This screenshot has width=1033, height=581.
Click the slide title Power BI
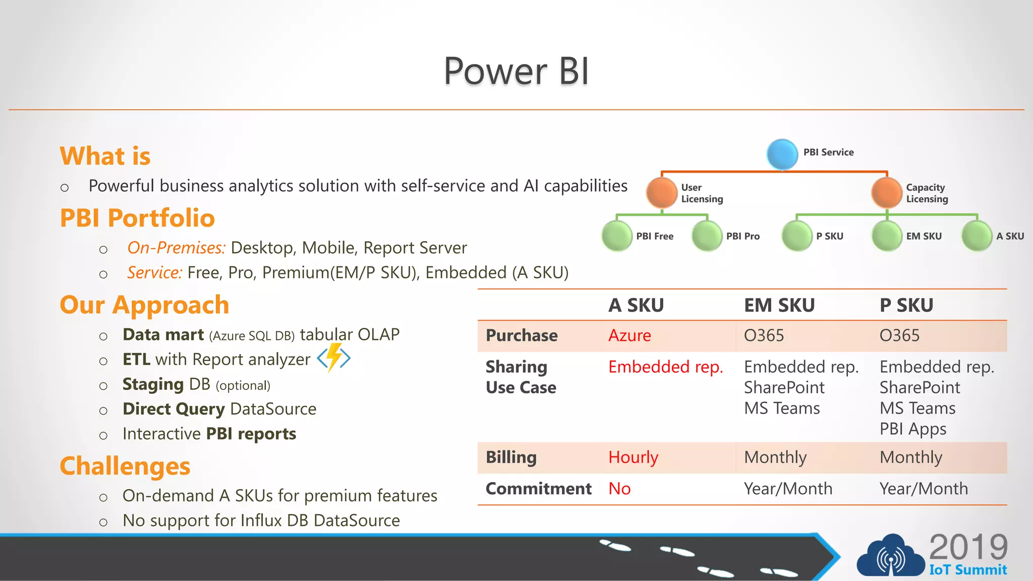[x=516, y=71]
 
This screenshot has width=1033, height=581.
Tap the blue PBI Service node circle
[x=782, y=154]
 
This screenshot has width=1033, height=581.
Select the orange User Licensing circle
[x=661, y=193]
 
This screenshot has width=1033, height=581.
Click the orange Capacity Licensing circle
[x=886, y=193]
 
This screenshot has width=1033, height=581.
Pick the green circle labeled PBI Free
[x=617, y=236]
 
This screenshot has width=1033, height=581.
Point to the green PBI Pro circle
[x=707, y=236]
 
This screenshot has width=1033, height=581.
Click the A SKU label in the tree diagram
[x=1010, y=236]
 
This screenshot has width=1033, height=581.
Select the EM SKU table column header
[x=779, y=305]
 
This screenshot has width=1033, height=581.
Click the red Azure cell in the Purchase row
[x=629, y=335]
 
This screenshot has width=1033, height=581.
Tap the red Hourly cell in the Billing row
[x=633, y=457]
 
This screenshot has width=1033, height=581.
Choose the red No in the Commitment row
[x=619, y=489]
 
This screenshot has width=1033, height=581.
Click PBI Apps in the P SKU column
[x=912, y=429]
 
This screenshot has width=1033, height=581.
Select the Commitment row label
[x=538, y=489]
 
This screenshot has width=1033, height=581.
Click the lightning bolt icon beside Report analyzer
[x=333, y=358]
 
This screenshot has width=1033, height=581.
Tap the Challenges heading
[x=125, y=466]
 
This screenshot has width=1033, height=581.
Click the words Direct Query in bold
[x=174, y=409]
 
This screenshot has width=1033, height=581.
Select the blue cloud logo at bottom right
[x=890, y=557]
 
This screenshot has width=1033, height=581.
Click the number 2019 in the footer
[x=968, y=547]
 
